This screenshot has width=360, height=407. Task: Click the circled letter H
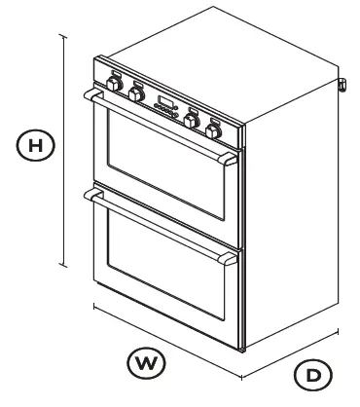(x=35, y=145)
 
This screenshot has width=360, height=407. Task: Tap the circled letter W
(x=145, y=362)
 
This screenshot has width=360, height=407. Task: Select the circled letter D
(x=312, y=373)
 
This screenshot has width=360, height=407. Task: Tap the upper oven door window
(x=161, y=166)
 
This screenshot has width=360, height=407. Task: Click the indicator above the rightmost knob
(x=216, y=116)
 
